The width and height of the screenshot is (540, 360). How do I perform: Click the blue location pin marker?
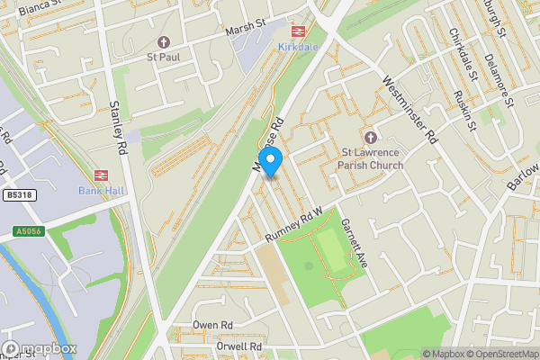269,160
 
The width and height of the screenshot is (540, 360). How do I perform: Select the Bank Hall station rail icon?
101,175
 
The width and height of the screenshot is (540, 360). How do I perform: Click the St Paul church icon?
163,42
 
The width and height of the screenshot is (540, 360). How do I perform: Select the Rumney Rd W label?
294,227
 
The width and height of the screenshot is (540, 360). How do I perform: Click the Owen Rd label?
212,325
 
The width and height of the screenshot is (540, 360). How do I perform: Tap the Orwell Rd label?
238,346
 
